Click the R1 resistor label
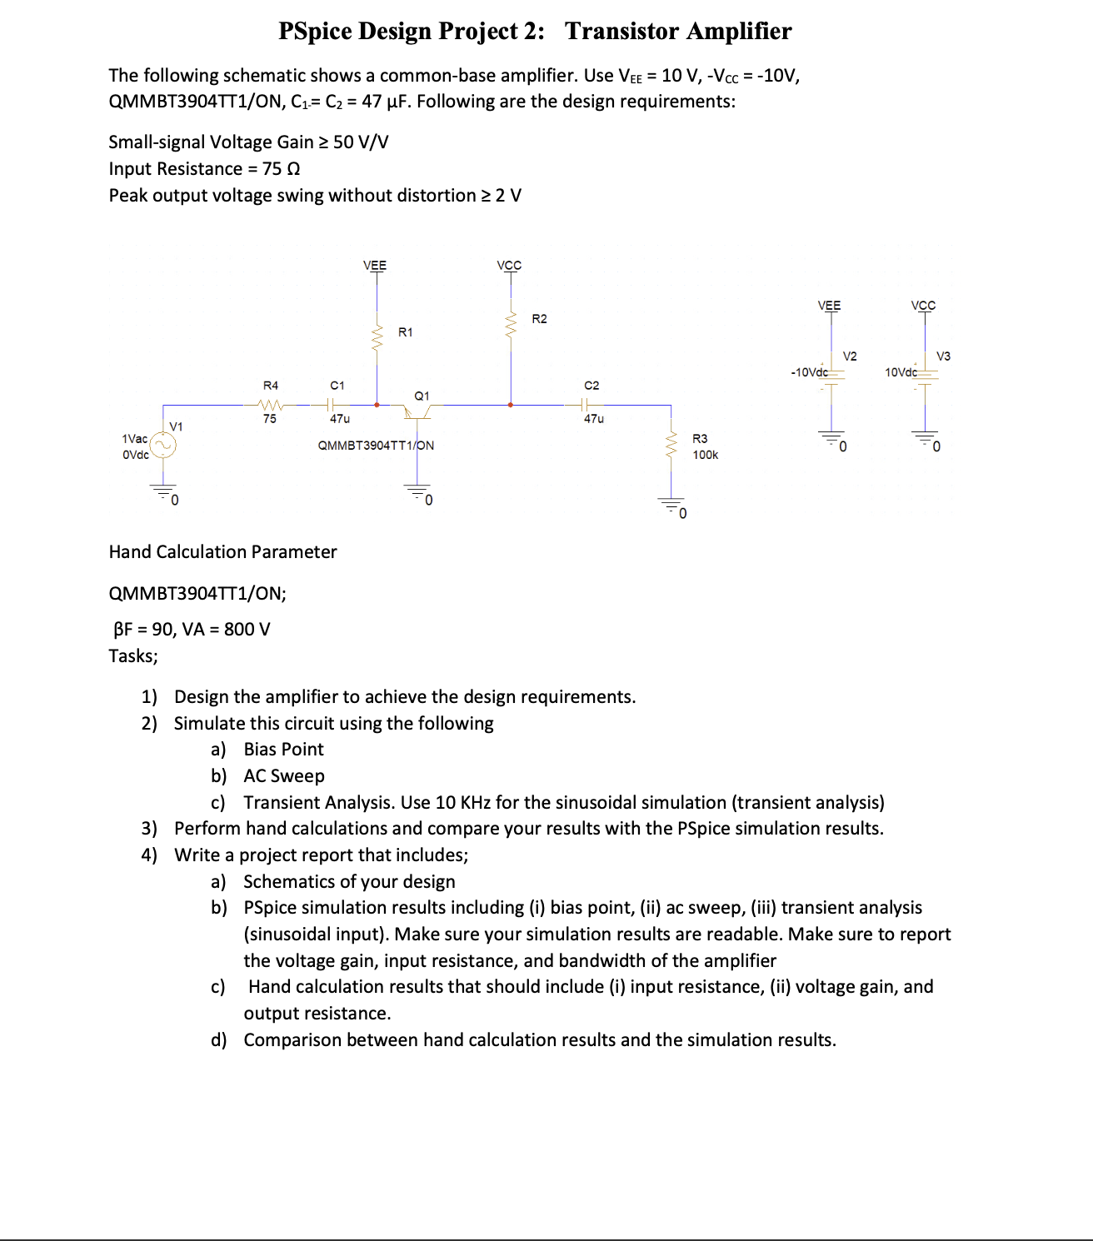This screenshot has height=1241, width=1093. click(405, 332)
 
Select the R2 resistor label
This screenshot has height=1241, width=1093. click(539, 319)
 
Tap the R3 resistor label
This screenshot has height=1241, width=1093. click(700, 439)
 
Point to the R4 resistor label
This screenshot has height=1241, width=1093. click(271, 386)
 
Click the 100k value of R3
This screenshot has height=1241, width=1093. click(705, 455)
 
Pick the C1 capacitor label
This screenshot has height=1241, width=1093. click(337, 386)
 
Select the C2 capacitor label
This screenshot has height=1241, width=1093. click(591, 386)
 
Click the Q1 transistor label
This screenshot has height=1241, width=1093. click(422, 396)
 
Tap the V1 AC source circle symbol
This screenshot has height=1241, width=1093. click(163, 446)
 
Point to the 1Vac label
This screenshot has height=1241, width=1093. click(134, 439)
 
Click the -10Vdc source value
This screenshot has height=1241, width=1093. click(809, 372)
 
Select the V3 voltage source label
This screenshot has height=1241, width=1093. click(943, 356)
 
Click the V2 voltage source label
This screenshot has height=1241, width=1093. click(850, 356)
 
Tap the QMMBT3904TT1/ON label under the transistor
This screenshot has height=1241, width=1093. click(376, 446)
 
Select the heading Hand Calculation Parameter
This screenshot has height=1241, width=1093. click(222, 552)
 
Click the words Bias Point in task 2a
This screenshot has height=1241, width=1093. click(283, 750)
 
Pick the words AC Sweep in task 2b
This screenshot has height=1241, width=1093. click(284, 776)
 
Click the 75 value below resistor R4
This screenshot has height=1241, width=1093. click(270, 419)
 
